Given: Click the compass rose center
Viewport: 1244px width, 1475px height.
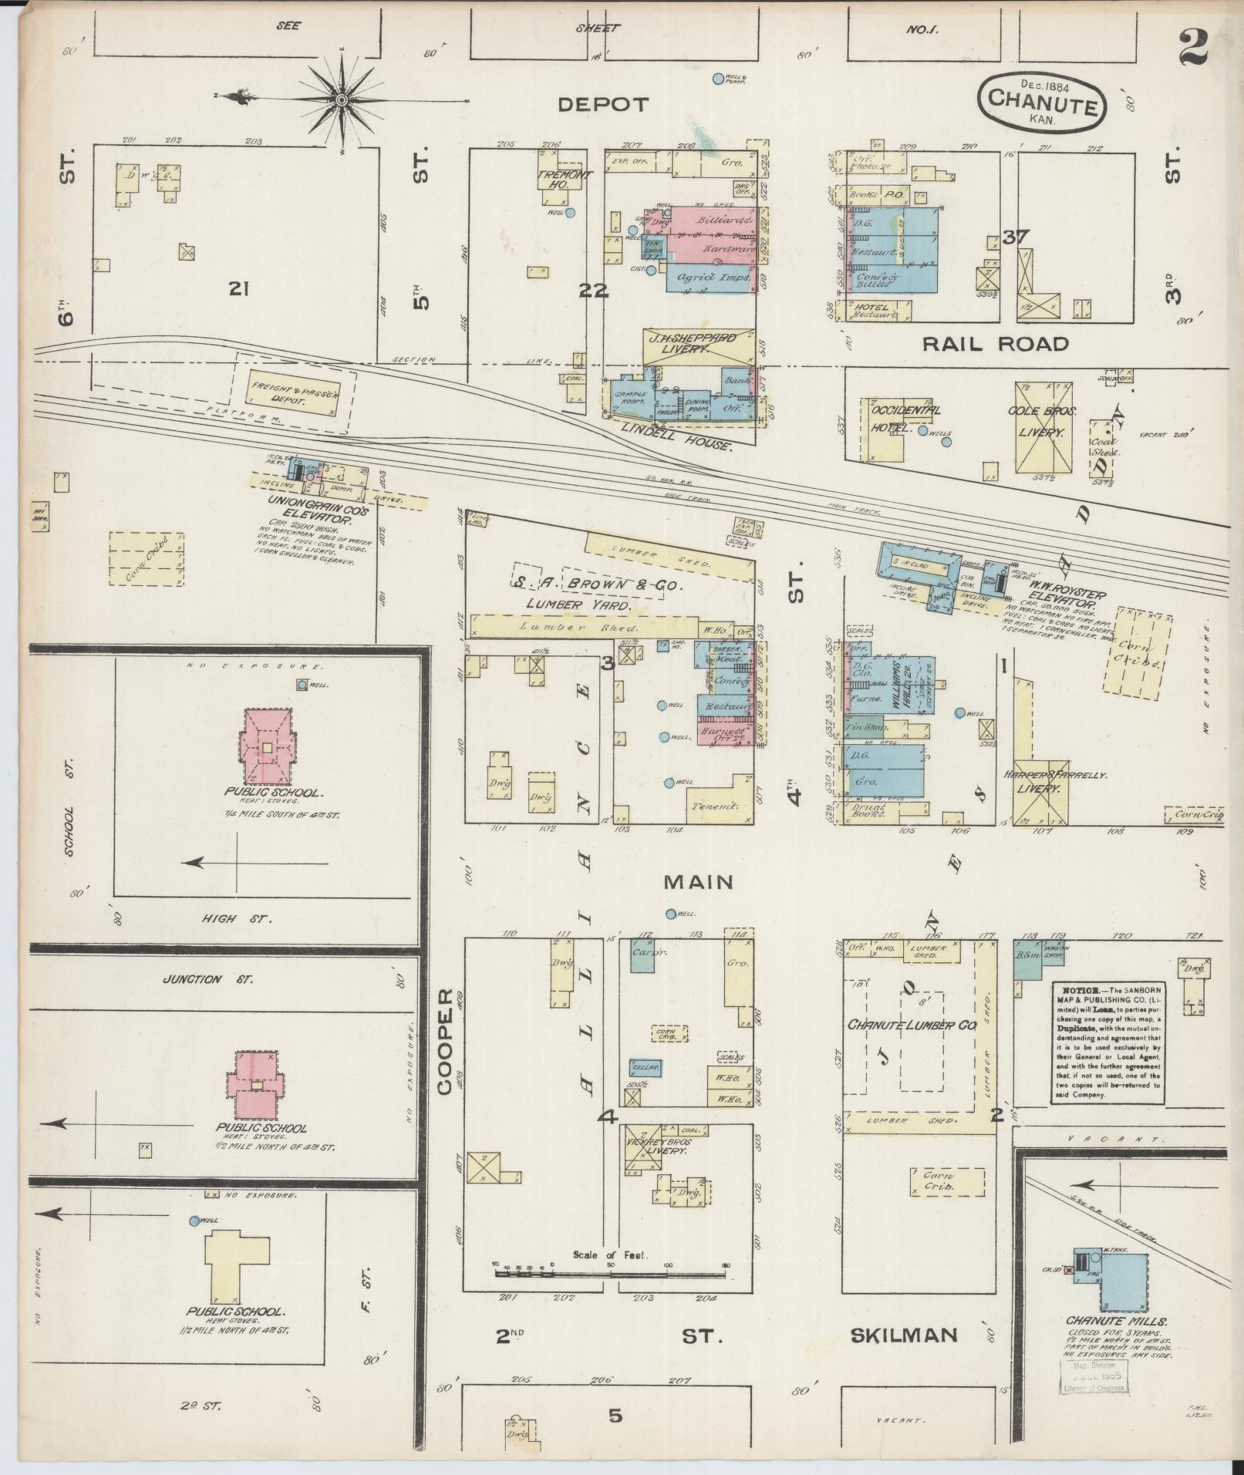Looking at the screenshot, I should coord(341,99).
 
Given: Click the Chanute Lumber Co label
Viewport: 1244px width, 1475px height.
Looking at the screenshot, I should coord(912,1025).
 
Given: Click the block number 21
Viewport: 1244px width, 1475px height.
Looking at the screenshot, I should coord(238,289).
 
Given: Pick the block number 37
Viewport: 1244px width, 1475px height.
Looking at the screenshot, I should coord(1015,237).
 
